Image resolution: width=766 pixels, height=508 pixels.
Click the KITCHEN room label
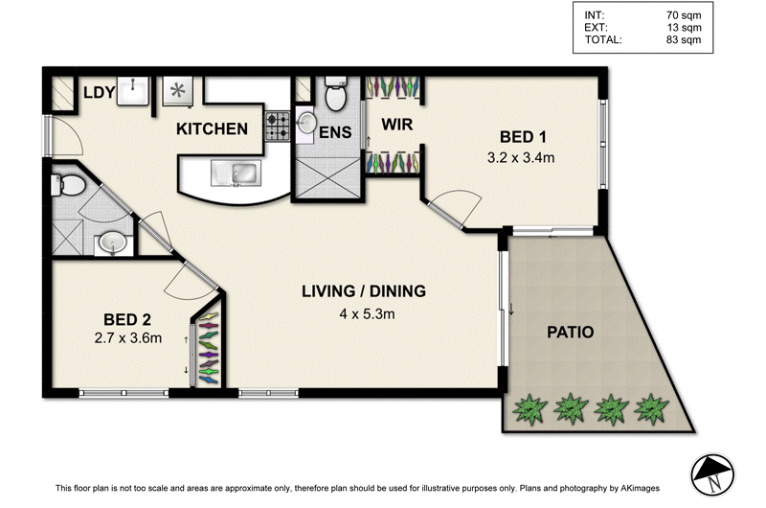pyautogui.click(x=212, y=128)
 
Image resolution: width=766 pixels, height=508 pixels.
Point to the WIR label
pyautogui.click(x=396, y=125)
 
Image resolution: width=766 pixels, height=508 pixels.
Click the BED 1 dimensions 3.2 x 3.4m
pyautogui.click(x=522, y=158)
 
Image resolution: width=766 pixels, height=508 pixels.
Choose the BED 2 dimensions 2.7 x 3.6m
pyautogui.click(x=127, y=337)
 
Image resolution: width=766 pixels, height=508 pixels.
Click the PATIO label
pyautogui.click(x=570, y=334)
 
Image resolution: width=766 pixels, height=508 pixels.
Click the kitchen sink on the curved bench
pyautogui.click(x=236, y=173)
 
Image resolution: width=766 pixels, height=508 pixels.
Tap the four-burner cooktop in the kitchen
pyautogui.click(x=277, y=126)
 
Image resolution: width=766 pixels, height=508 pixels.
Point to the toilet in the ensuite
pyautogui.click(x=336, y=96)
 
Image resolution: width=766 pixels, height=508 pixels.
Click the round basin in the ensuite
pyautogui.click(x=305, y=122)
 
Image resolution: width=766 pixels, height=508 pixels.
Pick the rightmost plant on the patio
pyautogui.click(x=650, y=408)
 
